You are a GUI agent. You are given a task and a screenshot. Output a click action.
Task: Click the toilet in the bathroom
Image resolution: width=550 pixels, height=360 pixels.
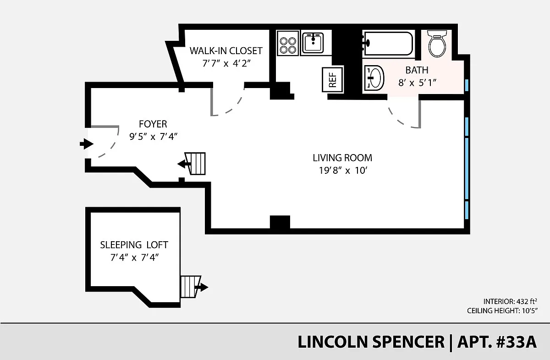pyautogui.click(x=437, y=44)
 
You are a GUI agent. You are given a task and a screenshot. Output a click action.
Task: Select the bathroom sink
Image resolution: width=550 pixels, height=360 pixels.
pyautogui.click(x=374, y=78)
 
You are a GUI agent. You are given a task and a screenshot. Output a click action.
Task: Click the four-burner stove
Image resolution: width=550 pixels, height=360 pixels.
pyautogui.click(x=288, y=43)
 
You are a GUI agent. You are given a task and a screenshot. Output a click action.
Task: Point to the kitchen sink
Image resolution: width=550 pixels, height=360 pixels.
pyautogui.click(x=313, y=42)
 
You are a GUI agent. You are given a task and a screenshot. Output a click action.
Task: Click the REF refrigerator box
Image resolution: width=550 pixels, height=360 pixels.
pyautogui.click(x=332, y=80)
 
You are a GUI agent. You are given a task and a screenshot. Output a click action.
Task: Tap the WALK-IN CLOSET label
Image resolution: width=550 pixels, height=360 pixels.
pyautogui.click(x=226, y=51)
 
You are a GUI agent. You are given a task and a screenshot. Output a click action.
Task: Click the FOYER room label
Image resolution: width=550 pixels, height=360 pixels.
pyautogui.click(x=153, y=124)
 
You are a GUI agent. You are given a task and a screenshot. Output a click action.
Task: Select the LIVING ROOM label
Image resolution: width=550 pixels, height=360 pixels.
pyautogui.click(x=342, y=158)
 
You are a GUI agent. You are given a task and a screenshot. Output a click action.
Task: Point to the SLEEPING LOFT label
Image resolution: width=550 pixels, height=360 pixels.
pyautogui.click(x=134, y=245)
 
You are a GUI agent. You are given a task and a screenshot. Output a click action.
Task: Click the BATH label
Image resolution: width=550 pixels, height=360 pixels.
pyautogui.click(x=417, y=70)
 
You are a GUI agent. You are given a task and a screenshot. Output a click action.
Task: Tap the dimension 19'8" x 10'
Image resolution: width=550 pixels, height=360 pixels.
pyautogui.click(x=343, y=170)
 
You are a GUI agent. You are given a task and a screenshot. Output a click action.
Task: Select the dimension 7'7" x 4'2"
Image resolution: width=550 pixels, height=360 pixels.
pyautogui.click(x=226, y=63)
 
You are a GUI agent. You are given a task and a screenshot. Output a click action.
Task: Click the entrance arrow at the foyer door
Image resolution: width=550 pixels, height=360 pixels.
pyautogui.click(x=87, y=144)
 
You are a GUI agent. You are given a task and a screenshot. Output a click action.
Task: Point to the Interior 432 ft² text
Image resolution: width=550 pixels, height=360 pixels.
pyautogui.click(x=510, y=301)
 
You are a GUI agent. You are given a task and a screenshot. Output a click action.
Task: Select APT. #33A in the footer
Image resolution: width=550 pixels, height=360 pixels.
pyautogui.click(x=497, y=342)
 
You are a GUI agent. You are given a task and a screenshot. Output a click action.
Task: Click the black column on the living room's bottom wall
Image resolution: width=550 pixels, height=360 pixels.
pyautogui.click(x=280, y=222)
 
